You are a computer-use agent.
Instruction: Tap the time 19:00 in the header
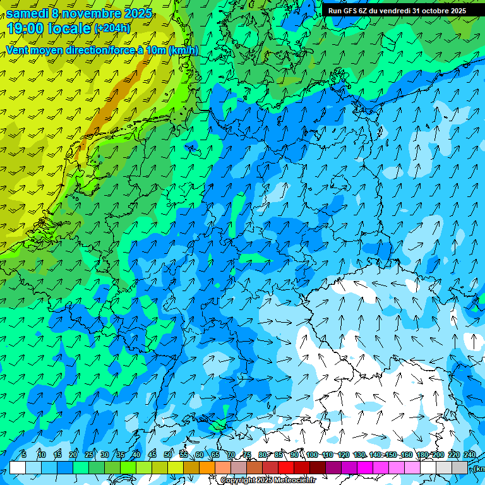coord(27,28)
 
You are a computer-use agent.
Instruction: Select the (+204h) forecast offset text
coord(112,28)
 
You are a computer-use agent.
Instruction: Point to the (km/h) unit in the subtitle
coord(183,51)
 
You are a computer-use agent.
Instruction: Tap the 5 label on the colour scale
coord(24,455)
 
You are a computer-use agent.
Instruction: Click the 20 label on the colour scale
coord(73,455)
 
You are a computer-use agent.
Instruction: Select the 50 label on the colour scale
coord(167,455)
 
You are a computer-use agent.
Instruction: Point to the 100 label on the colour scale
coord(312,455)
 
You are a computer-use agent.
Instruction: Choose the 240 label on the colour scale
coord(469,455)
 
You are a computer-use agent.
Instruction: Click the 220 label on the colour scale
coord(453,455)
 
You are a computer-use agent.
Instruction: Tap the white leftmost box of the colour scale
coord(18,467)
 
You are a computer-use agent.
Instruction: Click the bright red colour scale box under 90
coord(286,467)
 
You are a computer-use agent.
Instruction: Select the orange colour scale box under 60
coord(191,467)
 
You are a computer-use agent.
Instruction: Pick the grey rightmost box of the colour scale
coord(460,467)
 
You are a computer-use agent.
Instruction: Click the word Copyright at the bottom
coord(238,481)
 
